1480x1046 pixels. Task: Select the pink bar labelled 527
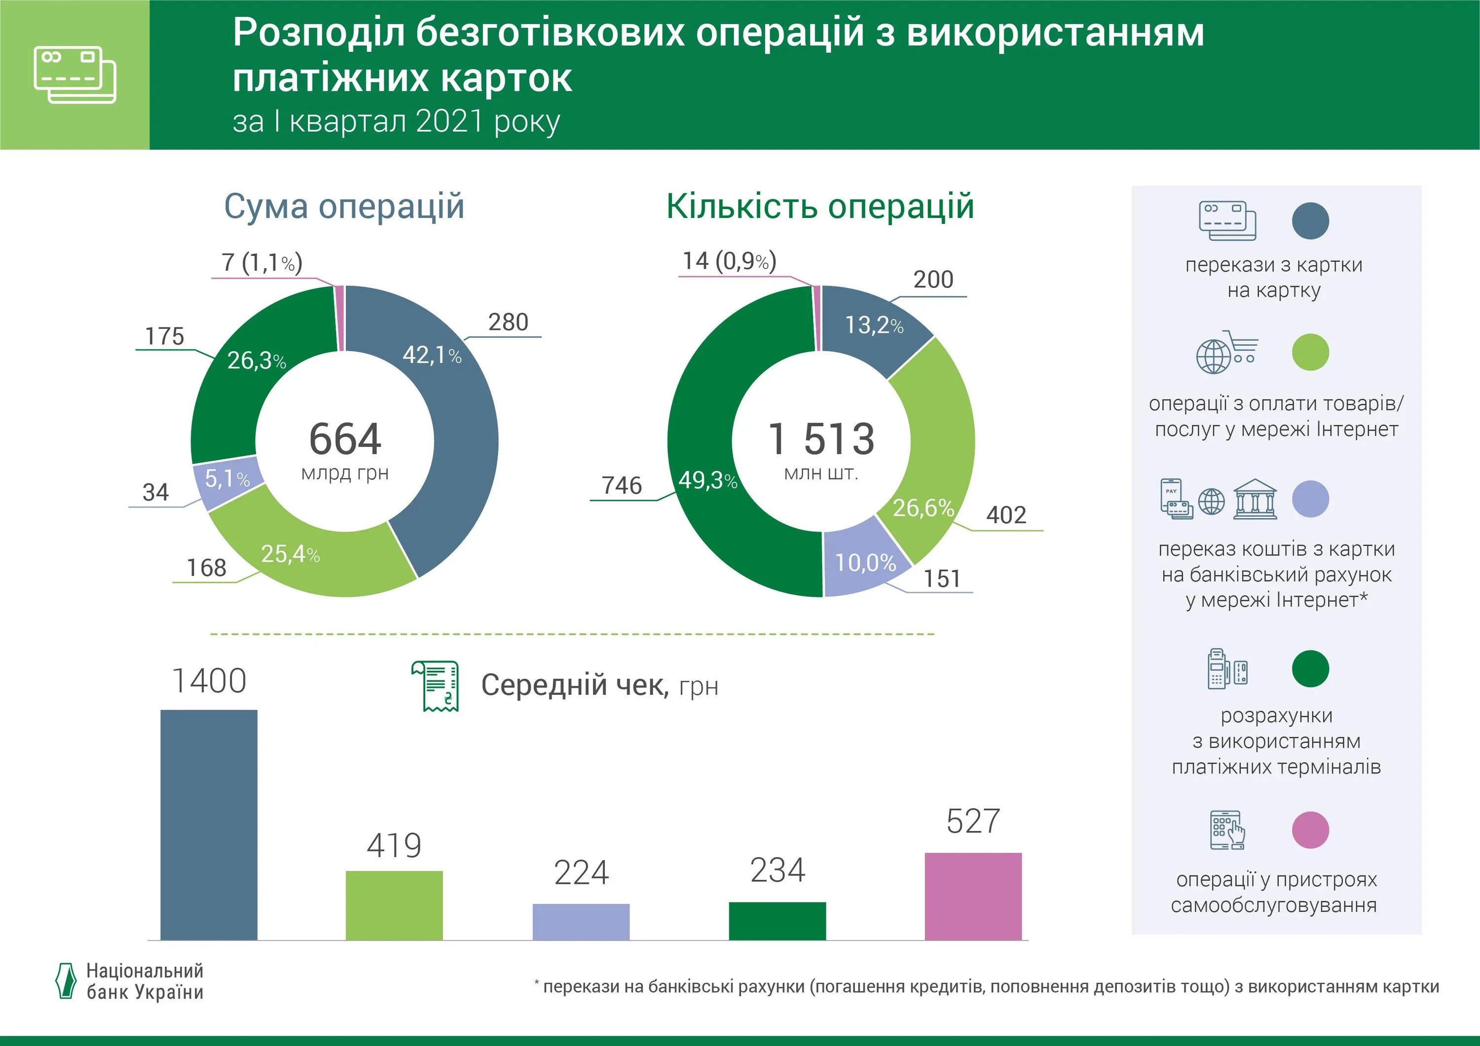(x=973, y=896)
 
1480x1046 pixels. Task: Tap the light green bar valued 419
(x=394, y=905)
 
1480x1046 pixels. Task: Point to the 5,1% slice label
(x=227, y=478)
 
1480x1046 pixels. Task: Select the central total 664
(x=345, y=439)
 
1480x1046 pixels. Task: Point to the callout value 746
(x=622, y=485)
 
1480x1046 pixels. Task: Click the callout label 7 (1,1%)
(x=261, y=262)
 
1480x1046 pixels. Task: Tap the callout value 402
(x=1005, y=515)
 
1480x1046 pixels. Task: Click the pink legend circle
(x=1310, y=830)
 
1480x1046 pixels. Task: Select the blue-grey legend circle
(x=1310, y=221)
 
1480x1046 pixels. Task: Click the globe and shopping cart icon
(x=1226, y=353)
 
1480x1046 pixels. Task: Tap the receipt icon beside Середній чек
(x=436, y=685)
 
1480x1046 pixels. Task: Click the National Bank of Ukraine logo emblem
(x=66, y=981)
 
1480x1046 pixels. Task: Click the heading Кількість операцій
(x=819, y=207)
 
